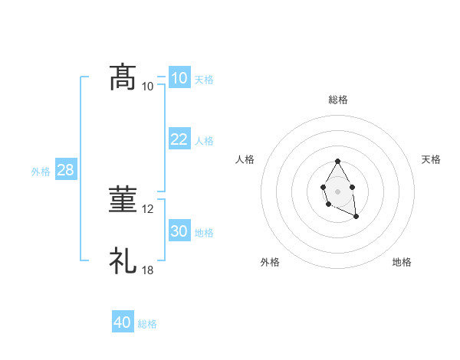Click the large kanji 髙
[123, 78]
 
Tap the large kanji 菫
[123, 201]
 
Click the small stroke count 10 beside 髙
[148, 87]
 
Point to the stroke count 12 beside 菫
[148, 209]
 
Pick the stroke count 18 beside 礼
[148, 270]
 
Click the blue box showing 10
[179, 78]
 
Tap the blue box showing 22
[179, 139]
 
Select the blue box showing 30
[179, 231]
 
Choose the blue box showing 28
[65, 170]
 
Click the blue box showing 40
[123, 322]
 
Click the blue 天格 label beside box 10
[204, 80]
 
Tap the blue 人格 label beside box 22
[204, 141]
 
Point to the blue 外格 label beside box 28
[41, 172]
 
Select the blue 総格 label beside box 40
[147, 325]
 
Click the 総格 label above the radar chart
[338, 100]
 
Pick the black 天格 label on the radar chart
[431, 159]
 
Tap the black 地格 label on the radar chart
[402, 262]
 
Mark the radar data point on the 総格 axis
[337, 162]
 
